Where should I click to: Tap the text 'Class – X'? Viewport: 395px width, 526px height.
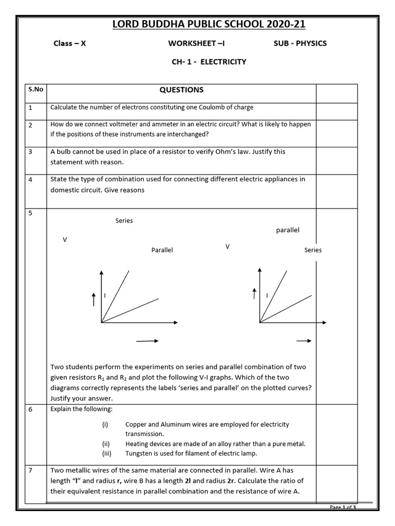[70, 43]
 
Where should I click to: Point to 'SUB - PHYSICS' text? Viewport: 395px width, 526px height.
[300, 43]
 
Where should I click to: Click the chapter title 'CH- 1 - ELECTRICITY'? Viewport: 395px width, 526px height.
[209, 62]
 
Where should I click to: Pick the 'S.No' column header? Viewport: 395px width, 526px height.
[35, 89]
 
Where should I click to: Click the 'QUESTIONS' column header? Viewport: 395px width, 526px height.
[182, 90]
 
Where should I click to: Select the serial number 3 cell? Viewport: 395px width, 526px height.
[31, 152]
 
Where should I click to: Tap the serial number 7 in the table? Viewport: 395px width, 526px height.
[31, 470]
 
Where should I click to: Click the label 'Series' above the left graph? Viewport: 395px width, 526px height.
[124, 220]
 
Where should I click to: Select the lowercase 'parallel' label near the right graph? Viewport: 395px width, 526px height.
[288, 230]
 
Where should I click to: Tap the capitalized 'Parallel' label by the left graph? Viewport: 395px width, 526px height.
[162, 250]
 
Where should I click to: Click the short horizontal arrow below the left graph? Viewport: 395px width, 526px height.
[147, 341]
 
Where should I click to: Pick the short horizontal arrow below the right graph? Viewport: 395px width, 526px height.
[304, 341]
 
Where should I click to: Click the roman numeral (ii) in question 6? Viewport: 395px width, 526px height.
[106, 444]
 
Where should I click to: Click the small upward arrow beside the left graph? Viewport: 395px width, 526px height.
[94, 299]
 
